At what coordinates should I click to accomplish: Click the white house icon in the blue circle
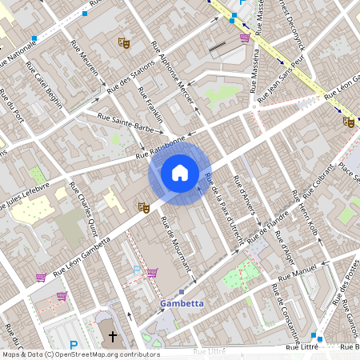(x=180, y=173)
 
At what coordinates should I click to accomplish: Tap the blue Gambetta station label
(x=182, y=304)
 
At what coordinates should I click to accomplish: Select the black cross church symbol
(x=113, y=337)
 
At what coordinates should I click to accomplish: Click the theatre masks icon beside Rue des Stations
(x=123, y=42)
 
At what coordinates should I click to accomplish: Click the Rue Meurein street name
(x=90, y=65)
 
